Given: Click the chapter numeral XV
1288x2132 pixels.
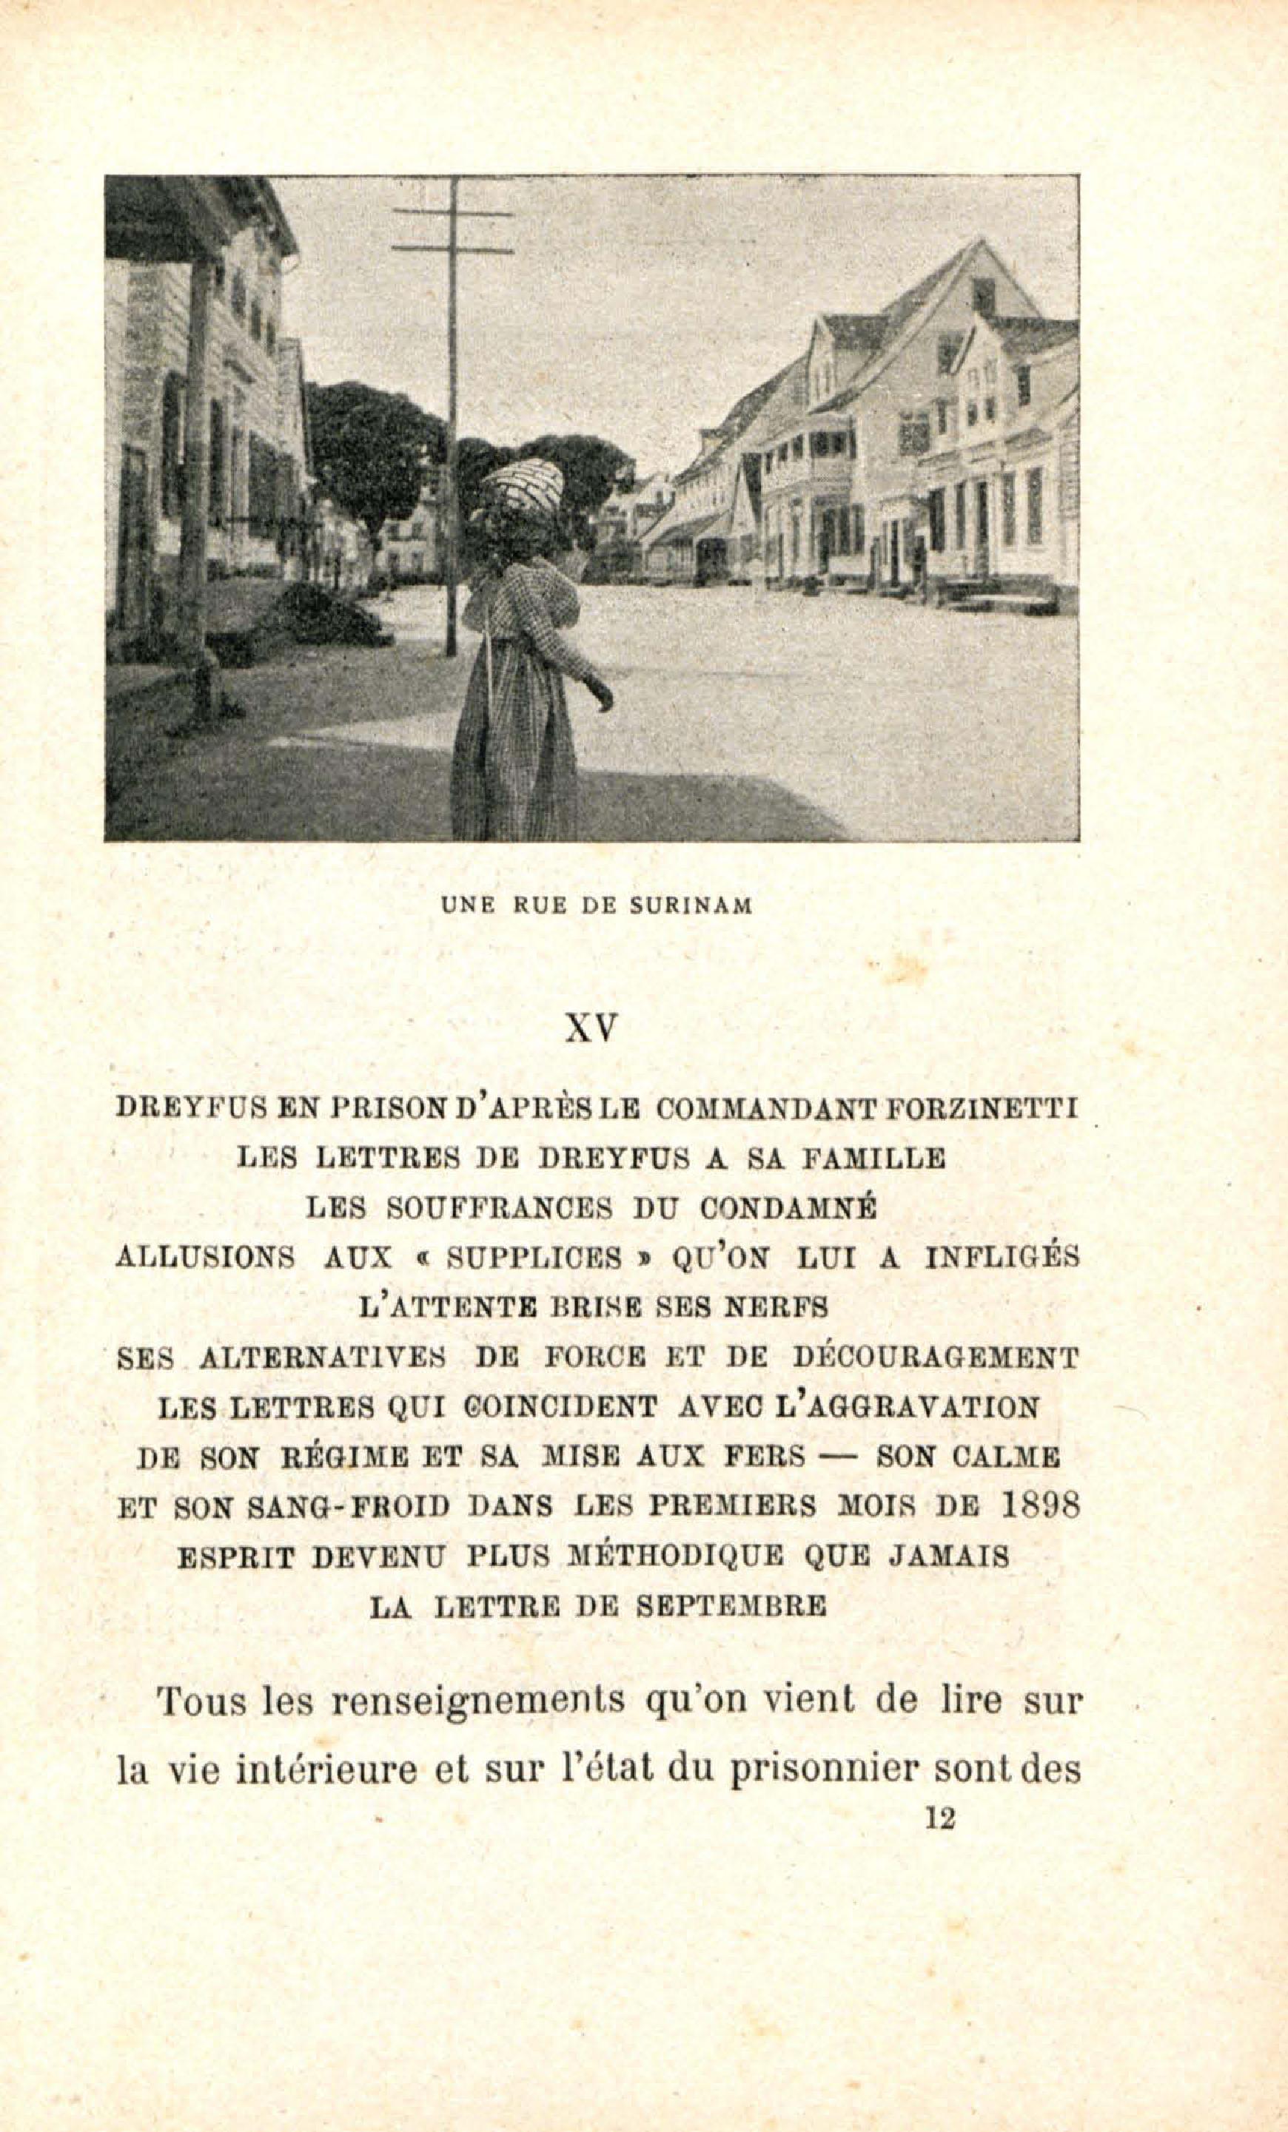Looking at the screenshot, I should point(591,1028).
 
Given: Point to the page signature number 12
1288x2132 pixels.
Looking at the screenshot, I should point(940,1819).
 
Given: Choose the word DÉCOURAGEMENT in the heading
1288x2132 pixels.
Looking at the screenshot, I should point(936,1357).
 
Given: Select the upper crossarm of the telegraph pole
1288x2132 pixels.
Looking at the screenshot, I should point(452,212).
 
